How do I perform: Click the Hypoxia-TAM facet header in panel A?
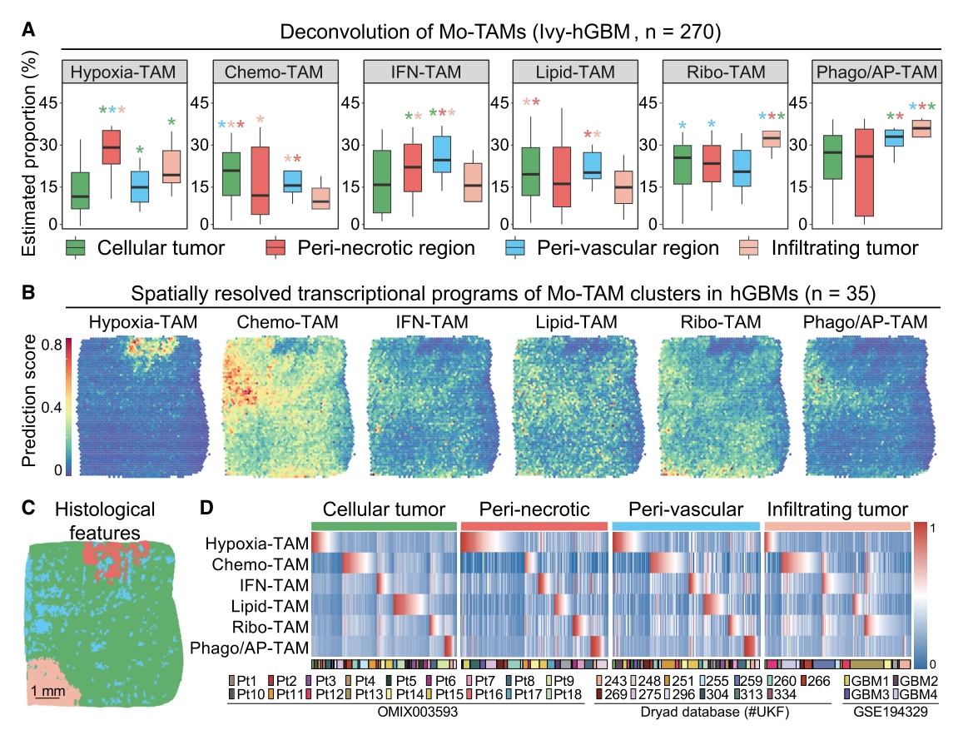point(124,72)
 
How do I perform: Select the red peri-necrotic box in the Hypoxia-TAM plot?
point(111,146)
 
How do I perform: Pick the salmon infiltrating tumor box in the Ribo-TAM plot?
point(772,138)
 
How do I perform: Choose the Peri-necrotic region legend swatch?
point(276,248)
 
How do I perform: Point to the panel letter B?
point(28,294)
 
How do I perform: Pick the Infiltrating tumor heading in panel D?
point(837,509)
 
